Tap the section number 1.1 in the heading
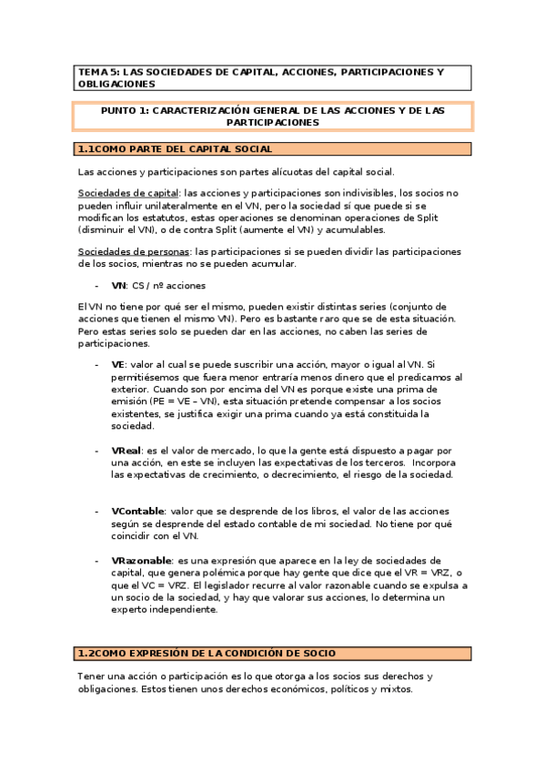click(86, 148)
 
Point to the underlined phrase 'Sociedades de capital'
click(128, 193)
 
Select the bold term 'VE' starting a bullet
click(117, 364)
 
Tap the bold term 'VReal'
click(126, 451)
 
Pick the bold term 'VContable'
click(137, 511)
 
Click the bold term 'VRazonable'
click(140, 561)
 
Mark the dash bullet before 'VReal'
click(97, 451)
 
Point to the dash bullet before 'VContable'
click(97, 511)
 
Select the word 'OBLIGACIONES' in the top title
click(116, 83)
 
